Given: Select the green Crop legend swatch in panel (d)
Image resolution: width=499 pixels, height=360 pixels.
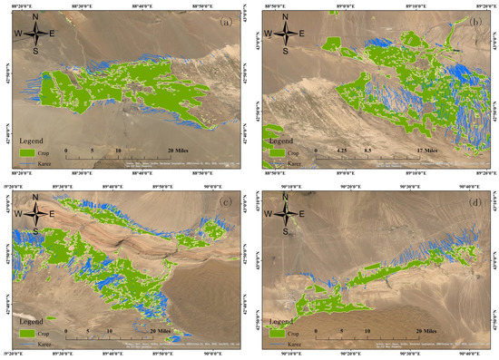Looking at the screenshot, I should (276, 335).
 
